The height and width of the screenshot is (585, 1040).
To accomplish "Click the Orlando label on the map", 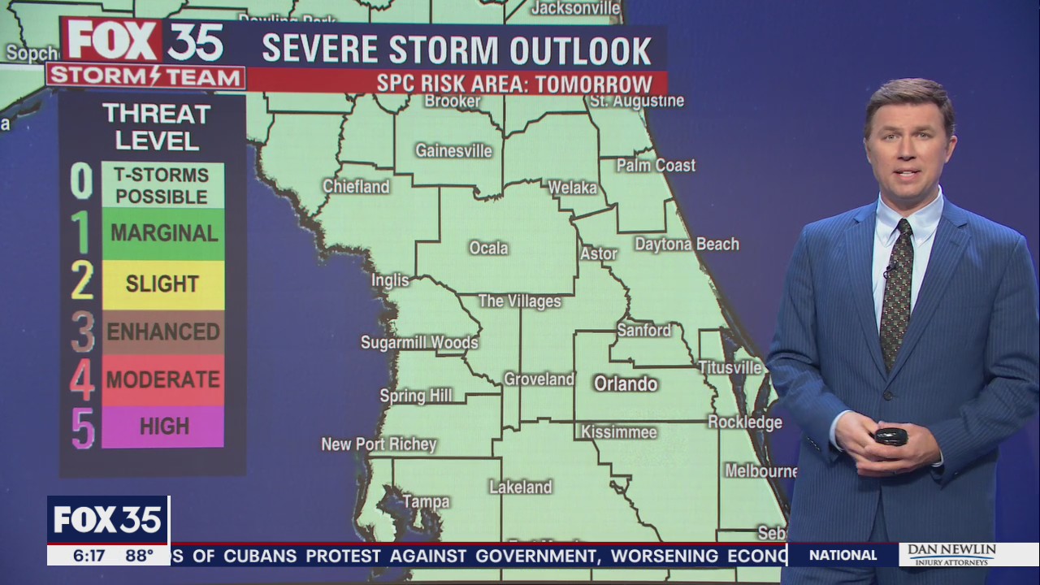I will coord(625,383).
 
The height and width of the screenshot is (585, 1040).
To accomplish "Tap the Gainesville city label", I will coord(453,151).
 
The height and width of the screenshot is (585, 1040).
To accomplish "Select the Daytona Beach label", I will coord(687,244).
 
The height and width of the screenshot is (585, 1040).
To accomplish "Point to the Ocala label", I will coord(488,248).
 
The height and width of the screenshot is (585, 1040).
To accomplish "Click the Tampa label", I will coord(426,502).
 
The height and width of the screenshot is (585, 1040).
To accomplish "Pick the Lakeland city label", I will coord(520,487).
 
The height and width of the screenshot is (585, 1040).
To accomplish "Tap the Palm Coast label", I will coord(656,165).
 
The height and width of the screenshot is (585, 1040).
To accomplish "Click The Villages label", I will coord(519,301).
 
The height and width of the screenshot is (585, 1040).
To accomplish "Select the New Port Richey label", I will coord(379,444).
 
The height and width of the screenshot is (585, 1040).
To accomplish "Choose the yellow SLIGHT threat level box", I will coord(162,284).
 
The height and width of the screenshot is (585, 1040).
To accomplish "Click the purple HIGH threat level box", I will coord(162,427).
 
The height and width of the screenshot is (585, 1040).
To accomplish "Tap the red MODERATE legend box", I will coord(162,379).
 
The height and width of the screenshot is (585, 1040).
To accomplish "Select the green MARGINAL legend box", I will coord(162,234).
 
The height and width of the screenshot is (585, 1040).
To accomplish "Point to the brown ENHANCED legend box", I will coord(162,331).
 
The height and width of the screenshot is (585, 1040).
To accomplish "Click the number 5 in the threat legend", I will coord(83,427).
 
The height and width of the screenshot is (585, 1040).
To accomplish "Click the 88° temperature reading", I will coord(139,556).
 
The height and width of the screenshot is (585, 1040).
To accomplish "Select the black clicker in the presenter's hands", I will coord(890,436).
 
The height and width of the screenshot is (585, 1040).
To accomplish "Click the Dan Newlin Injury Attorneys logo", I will coord(951,554).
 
